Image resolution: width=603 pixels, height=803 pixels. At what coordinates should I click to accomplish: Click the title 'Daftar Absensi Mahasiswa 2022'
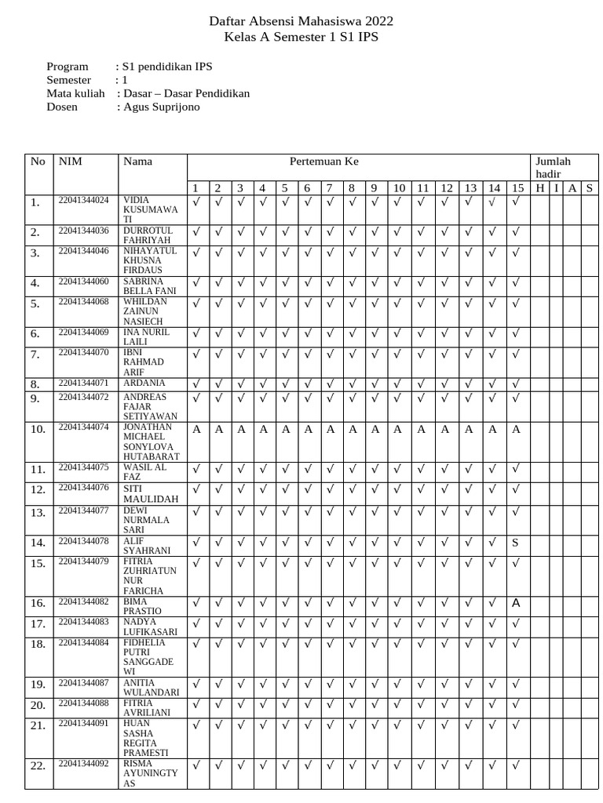[x=301, y=21]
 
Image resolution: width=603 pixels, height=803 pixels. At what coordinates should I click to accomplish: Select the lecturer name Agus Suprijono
[x=161, y=107]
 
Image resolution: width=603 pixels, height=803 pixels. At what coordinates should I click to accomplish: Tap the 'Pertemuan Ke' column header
[x=323, y=161]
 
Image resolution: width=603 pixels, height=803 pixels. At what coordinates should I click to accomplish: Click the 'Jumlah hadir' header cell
[x=554, y=167]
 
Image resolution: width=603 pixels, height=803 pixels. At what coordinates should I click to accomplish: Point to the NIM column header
[x=70, y=162]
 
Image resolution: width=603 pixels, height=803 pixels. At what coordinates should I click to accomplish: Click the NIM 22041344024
[x=83, y=201]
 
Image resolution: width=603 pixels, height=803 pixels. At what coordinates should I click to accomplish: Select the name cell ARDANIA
[x=144, y=383]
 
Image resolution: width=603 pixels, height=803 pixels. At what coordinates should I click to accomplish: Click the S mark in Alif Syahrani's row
[x=516, y=543]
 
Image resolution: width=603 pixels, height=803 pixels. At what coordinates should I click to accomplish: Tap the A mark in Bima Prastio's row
[x=516, y=603]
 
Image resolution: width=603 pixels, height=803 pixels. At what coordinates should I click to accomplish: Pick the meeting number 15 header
[x=517, y=187]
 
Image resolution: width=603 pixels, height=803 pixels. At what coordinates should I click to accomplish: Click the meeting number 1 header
[x=196, y=187]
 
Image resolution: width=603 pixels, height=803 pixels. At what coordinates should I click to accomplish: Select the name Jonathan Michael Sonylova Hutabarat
[x=151, y=441]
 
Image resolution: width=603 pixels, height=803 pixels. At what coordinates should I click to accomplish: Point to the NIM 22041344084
[x=83, y=643]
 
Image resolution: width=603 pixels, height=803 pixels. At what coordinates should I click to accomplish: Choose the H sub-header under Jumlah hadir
[x=539, y=187]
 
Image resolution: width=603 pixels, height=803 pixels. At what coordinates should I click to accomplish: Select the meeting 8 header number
[x=352, y=187]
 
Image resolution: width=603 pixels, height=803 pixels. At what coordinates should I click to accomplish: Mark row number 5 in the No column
[x=35, y=303]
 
